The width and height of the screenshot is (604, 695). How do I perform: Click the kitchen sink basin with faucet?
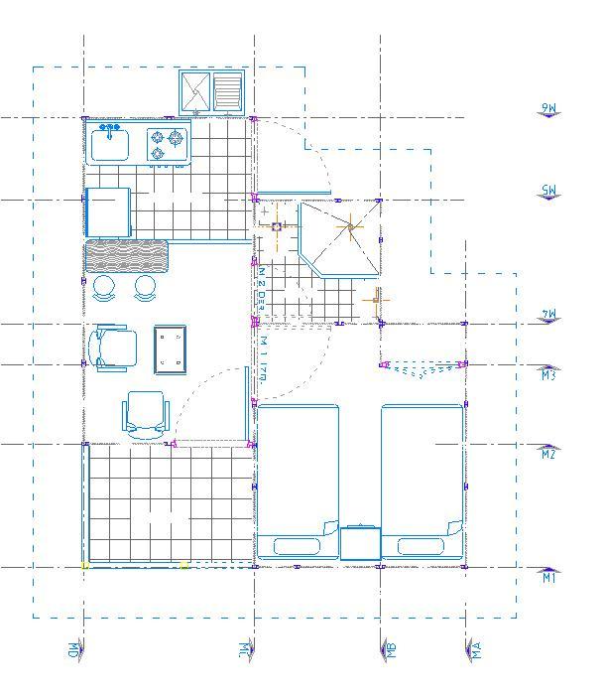(110, 145)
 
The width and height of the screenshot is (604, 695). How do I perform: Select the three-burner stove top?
(168, 145)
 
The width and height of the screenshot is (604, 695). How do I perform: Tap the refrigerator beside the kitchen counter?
(108, 211)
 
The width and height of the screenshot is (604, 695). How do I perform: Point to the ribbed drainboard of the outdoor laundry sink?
(229, 91)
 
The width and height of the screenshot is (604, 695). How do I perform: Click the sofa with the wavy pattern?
(126, 255)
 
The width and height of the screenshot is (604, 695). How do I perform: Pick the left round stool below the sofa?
(104, 288)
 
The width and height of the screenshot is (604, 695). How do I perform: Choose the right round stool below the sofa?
(146, 288)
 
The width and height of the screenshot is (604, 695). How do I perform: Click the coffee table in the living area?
(171, 348)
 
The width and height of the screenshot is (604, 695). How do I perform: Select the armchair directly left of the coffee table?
(111, 348)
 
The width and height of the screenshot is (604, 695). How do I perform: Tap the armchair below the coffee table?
(146, 414)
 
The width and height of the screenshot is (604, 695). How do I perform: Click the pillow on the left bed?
(296, 545)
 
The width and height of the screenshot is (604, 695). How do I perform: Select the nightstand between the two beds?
(360, 543)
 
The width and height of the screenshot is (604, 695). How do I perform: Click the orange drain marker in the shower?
(349, 228)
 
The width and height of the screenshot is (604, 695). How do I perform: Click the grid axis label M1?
(549, 577)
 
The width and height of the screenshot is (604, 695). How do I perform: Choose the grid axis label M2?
(549, 454)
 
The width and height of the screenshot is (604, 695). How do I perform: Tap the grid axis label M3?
(549, 374)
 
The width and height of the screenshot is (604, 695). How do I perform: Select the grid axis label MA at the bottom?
(475, 650)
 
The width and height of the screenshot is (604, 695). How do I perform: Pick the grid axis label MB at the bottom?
(391, 650)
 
